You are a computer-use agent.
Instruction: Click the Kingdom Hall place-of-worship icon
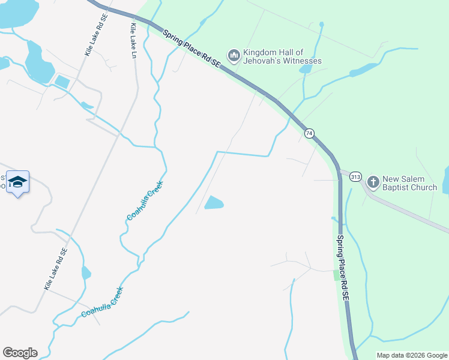click(x=234, y=56)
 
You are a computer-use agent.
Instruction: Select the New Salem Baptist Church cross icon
click(x=372, y=181)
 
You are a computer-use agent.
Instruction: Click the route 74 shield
click(x=309, y=133)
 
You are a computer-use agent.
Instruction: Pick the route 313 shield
click(x=355, y=176)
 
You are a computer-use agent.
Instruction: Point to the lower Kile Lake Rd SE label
click(x=55, y=269)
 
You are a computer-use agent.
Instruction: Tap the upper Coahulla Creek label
click(x=145, y=200)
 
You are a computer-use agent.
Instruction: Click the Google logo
click(x=20, y=353)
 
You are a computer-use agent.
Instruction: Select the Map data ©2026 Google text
click(x=412, y=355)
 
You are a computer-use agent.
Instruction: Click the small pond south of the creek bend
click(x=214, y=203)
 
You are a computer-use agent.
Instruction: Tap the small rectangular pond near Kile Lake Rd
click(x=62, y=82)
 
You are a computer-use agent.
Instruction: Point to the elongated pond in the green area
click(x=363, y=70)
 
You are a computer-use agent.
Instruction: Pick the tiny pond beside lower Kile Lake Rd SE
click(x=86, y=273)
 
